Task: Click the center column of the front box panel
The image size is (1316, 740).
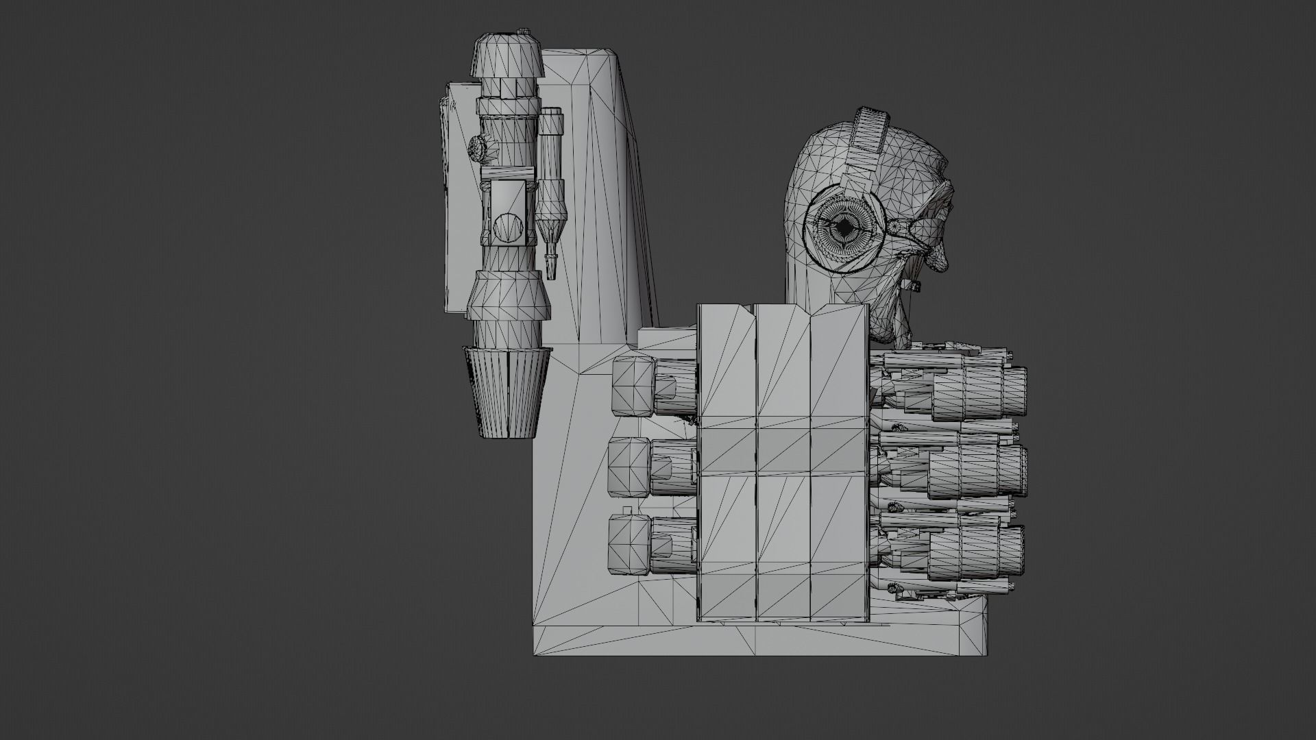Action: [783, 466]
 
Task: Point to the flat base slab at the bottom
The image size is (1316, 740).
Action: [754, 641]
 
